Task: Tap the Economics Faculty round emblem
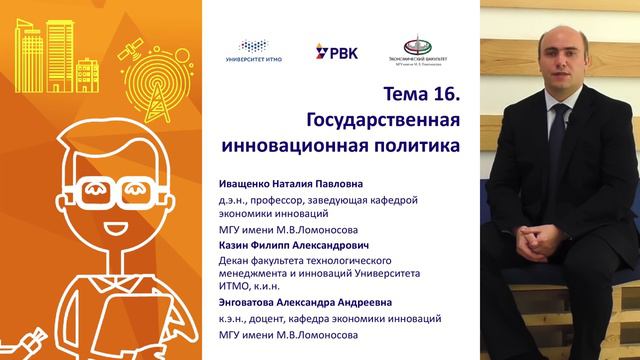413,46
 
